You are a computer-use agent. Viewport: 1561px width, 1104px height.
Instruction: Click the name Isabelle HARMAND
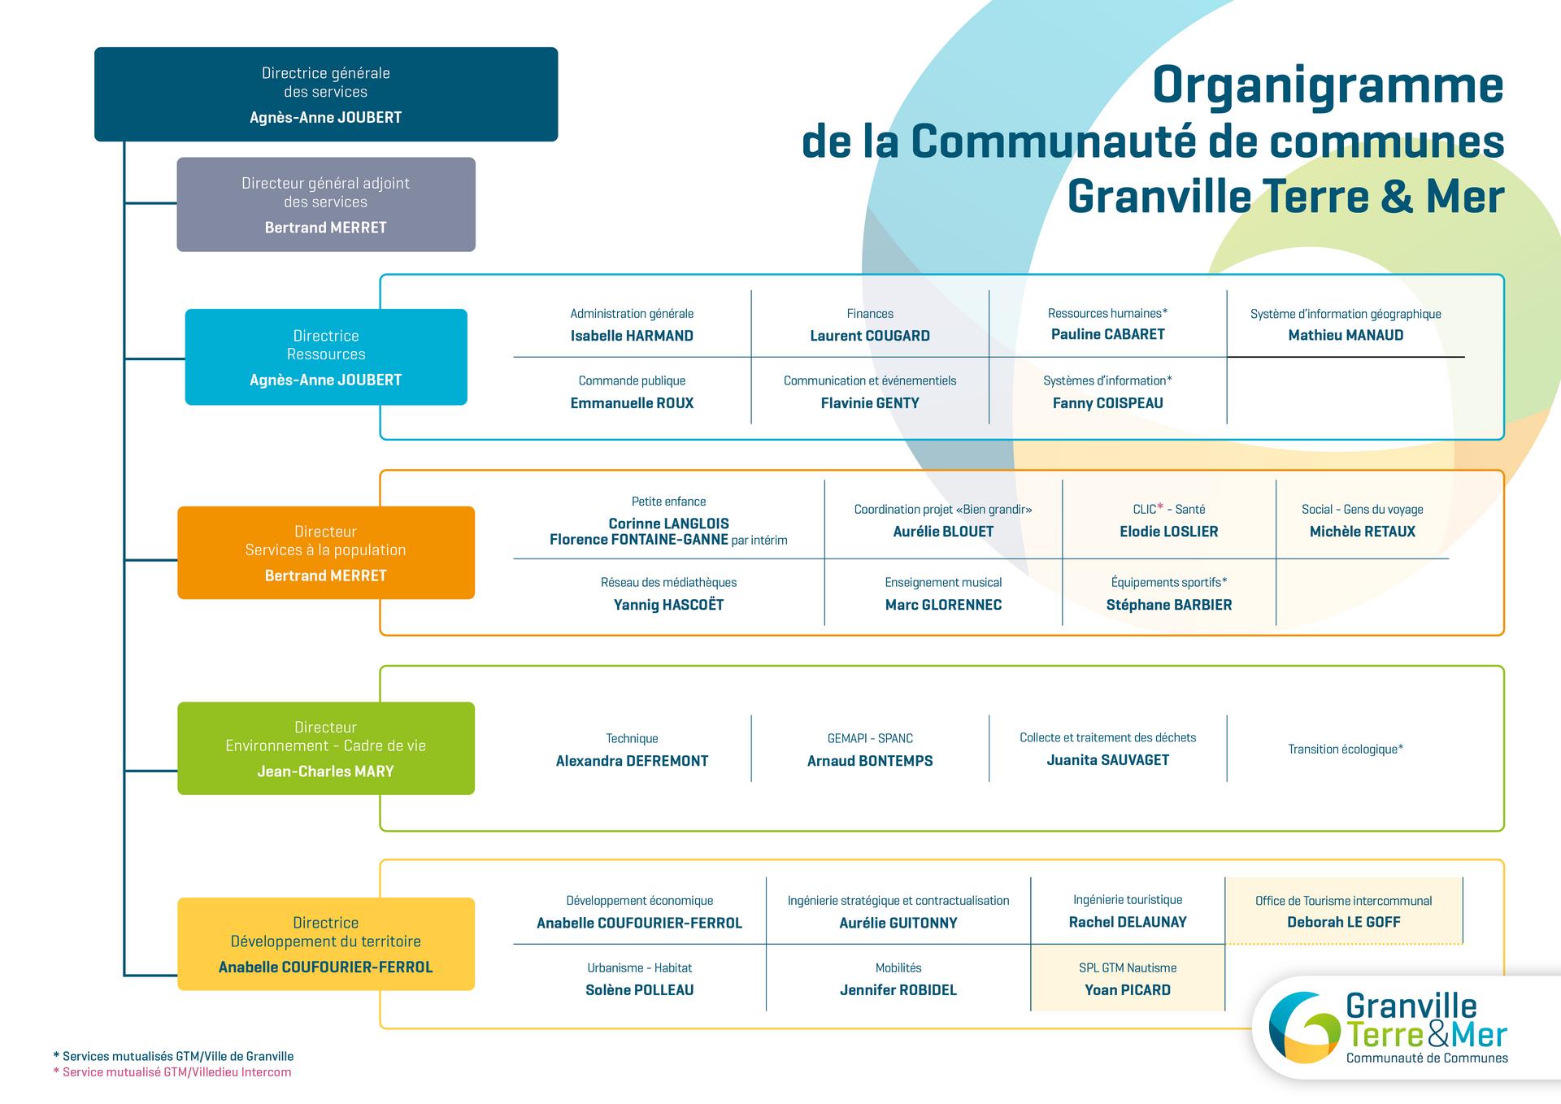[x=632, y=336]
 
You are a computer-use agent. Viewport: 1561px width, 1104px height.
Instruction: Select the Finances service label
[x=870, y=314]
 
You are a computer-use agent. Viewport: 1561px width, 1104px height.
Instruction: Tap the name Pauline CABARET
[x=1107, y=334]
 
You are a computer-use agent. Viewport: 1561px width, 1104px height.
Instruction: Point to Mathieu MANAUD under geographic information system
[x=1346, y=335]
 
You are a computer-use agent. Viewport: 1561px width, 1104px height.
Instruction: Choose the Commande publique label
[x=632, y=380]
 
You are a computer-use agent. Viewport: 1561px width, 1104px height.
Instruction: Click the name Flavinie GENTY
[x=870, y=403]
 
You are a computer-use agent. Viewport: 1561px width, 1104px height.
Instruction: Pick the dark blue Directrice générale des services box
[x=326, y=94]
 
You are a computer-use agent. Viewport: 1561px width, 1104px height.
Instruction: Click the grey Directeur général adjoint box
[x=326, y=204]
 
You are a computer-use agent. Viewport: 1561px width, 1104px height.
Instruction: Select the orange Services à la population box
[x=326, y=553]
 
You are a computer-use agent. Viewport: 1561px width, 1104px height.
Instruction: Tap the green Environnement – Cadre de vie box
[x=326, y=748]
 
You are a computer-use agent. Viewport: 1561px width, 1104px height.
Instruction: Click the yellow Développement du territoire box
[x=326, y=944]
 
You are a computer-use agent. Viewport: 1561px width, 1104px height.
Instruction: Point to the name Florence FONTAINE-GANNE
[x=639, y=540]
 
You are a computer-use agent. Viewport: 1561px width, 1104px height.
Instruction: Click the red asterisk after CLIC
[x=1160, y=506]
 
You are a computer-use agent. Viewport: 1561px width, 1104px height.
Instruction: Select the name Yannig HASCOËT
[x=668, y=605]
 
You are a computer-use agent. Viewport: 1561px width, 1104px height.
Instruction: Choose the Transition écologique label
[x=1346, y=749]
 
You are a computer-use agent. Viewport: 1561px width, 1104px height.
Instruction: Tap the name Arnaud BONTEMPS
[x=870, y=761]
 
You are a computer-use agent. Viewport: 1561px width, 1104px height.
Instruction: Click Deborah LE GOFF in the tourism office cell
[x=1343, y=922]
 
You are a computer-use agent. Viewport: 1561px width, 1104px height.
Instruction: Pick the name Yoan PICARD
[x=1128, y=990]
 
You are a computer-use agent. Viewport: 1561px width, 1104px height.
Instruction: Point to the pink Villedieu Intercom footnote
[x=172, y=1072]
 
